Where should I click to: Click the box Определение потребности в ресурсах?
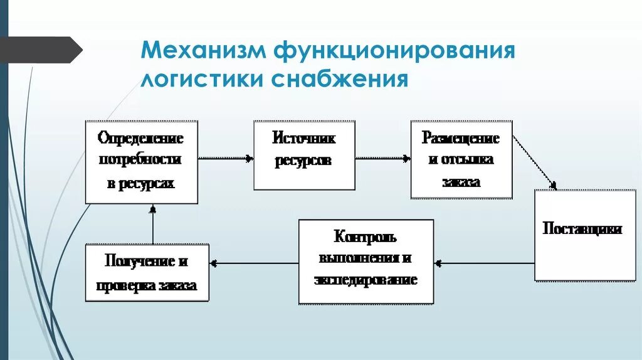141,161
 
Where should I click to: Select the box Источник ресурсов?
304,155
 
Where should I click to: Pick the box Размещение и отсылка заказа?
461,159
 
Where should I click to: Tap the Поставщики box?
582,235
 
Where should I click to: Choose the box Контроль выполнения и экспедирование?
366,260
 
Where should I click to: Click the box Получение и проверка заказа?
147,273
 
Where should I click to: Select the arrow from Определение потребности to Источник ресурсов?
226,159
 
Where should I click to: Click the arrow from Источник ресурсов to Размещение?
382,159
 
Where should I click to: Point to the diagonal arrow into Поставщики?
535,161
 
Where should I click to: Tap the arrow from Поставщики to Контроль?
484,263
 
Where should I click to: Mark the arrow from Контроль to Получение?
254,263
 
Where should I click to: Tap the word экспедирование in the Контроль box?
366,279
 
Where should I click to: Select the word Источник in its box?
304,137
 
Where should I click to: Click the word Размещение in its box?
461,138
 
